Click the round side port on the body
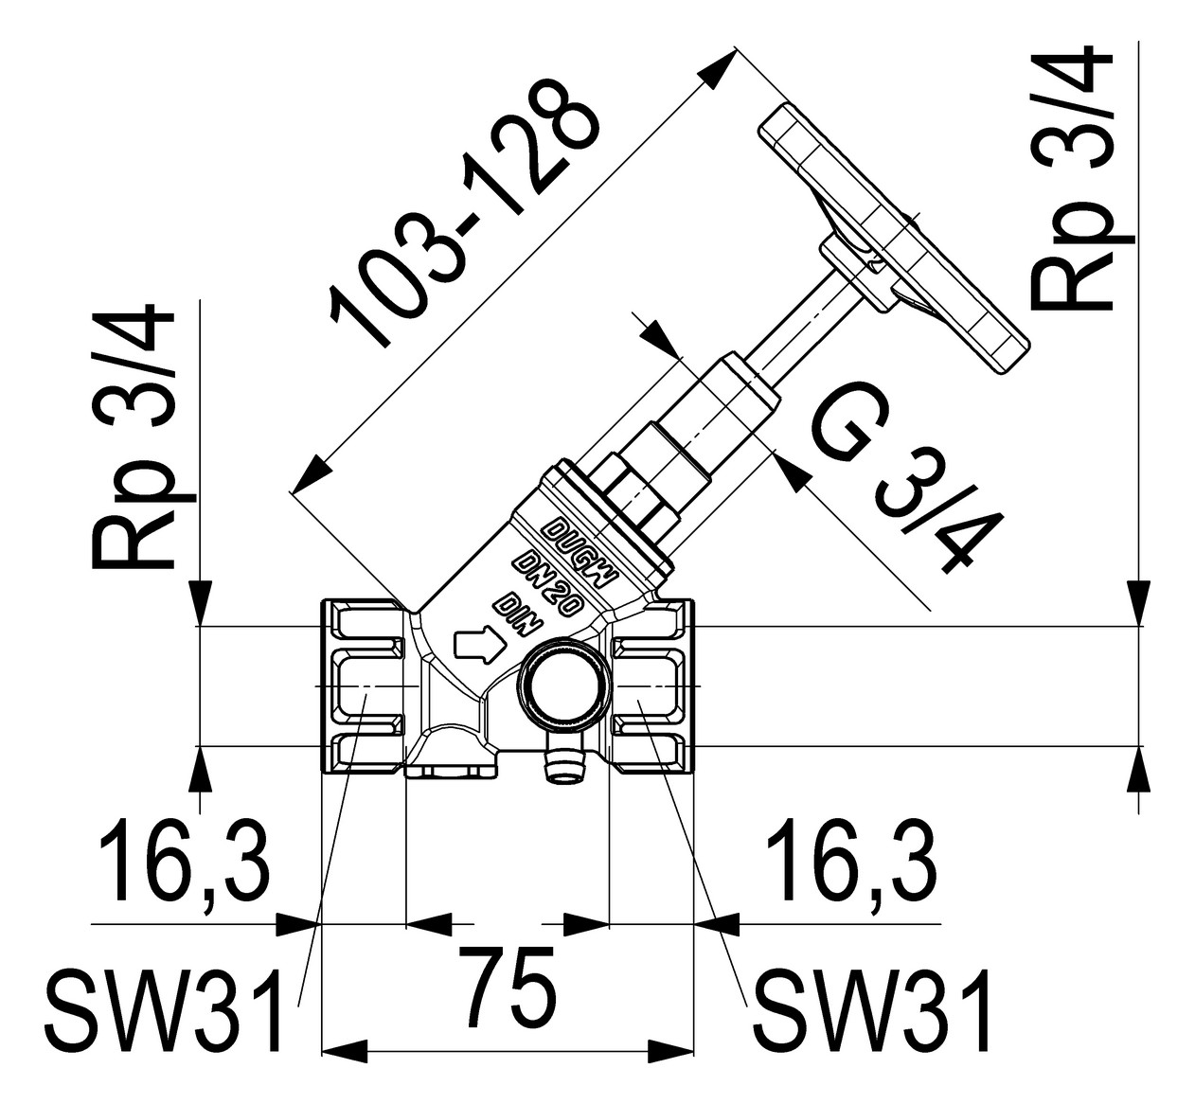(559, 686)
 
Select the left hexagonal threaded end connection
(365, 686)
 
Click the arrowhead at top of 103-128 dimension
(723, 62)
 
